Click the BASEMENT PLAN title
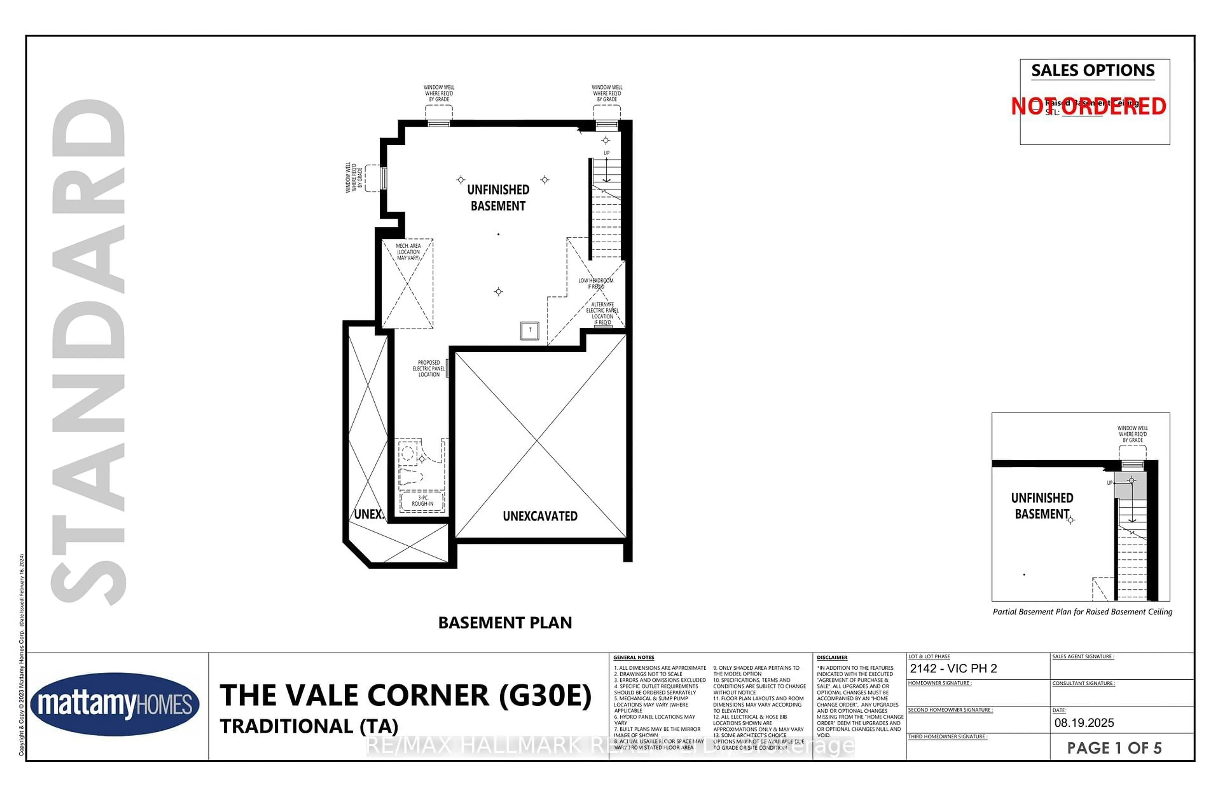[x=505, y=623]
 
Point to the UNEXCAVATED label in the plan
[x=540, y=516]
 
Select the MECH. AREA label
[x=408, y=252]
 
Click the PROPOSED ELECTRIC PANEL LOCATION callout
[x=429, y=368]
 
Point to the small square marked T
[x=530, y=330]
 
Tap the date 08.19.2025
[x=1084, y=723]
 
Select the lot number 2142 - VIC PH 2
[x=953, y=669]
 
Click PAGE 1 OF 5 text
[x=1114, y=748]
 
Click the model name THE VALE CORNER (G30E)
[x=405, y=695]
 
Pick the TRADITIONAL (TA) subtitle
[x=309, y=726]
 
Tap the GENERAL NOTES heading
[x=633, y=657]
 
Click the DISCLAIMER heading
[x=832, y=657]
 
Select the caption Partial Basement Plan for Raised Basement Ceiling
[x=1082, y=612]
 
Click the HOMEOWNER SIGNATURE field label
[x=940, y=683]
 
